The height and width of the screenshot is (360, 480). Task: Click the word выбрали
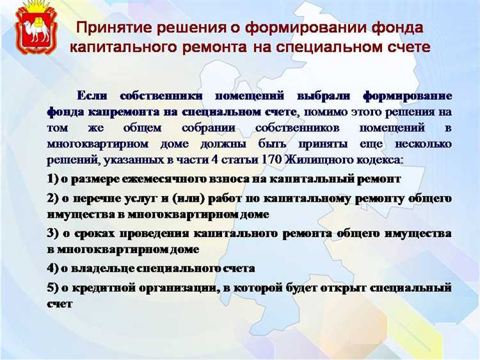coord(327,96)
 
